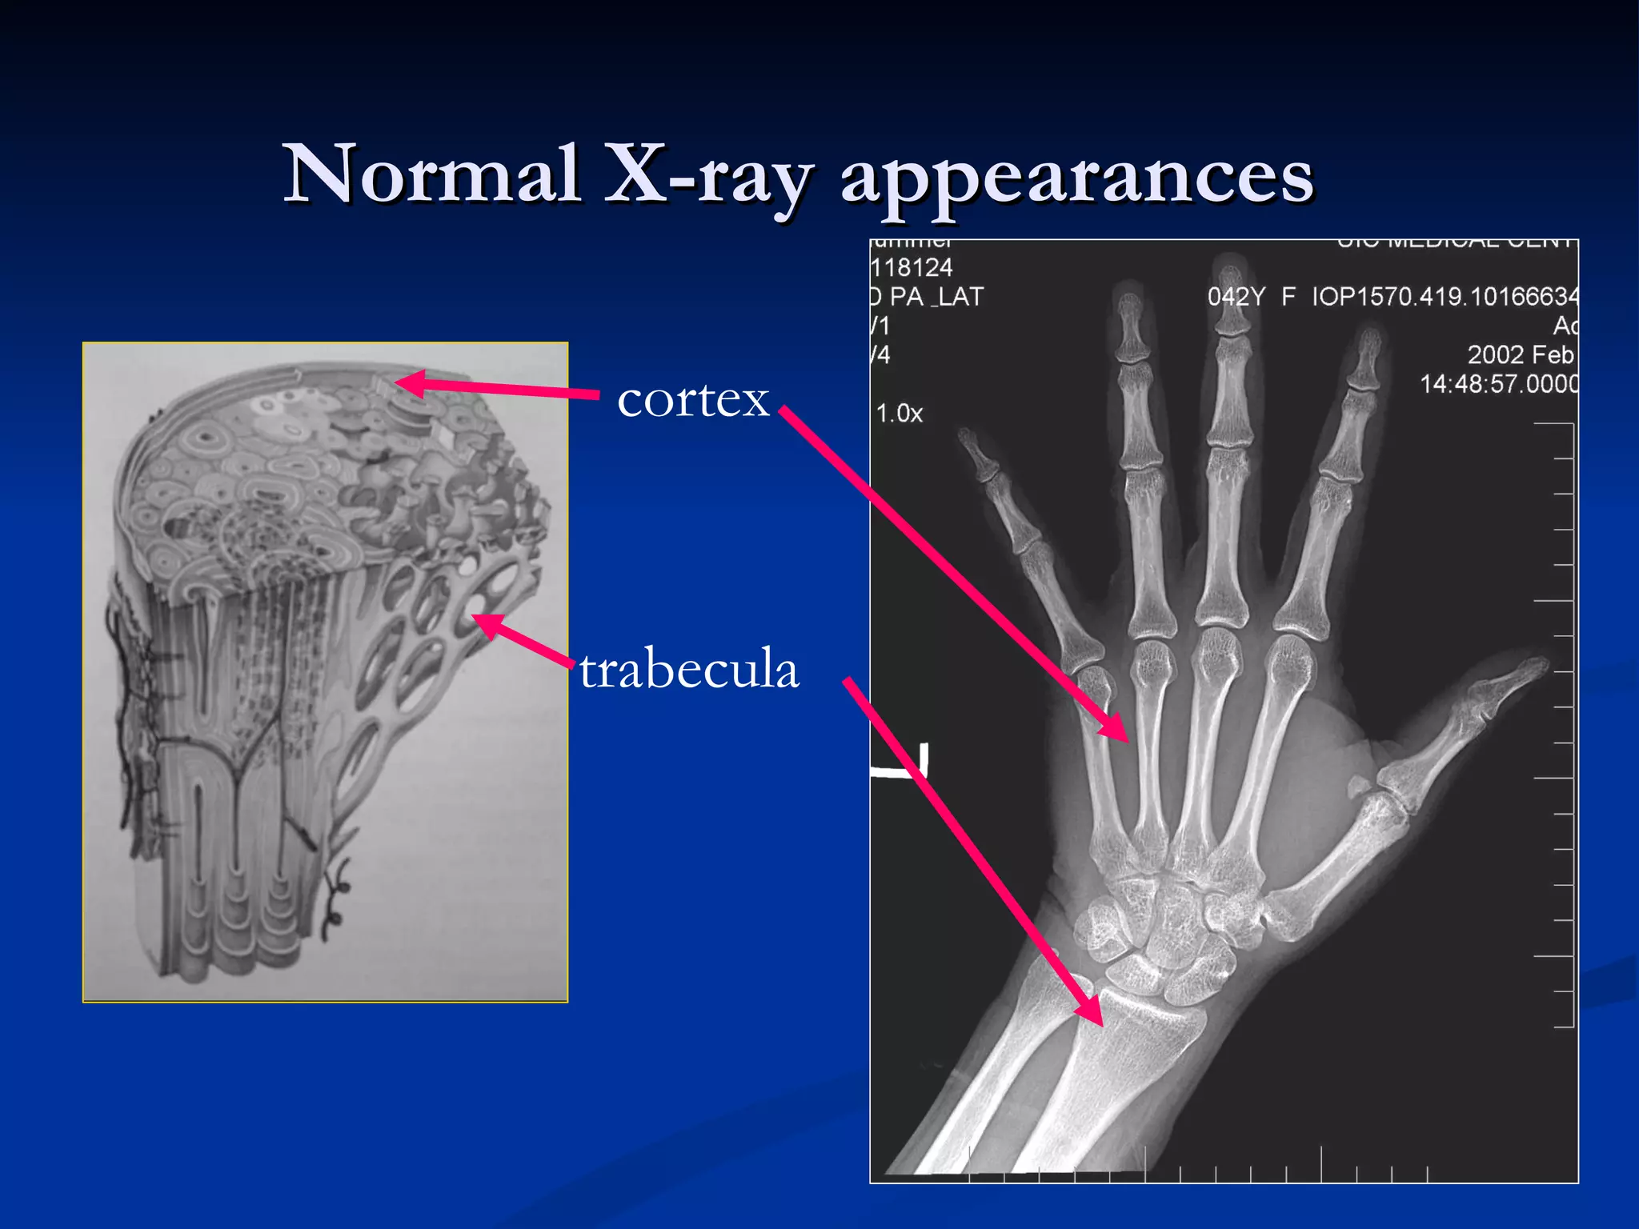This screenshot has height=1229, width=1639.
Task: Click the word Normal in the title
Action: pos(432,174)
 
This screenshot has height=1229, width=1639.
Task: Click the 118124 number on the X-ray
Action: pos(912,267)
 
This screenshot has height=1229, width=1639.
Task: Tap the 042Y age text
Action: pos(1236,297)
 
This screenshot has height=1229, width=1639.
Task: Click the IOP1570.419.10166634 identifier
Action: pos(1445,297)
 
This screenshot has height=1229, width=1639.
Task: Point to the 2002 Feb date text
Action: pos(1520,354)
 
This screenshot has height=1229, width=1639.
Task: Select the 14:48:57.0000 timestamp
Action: pos(1499,384)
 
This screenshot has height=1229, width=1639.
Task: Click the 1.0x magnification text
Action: pos(900,414)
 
